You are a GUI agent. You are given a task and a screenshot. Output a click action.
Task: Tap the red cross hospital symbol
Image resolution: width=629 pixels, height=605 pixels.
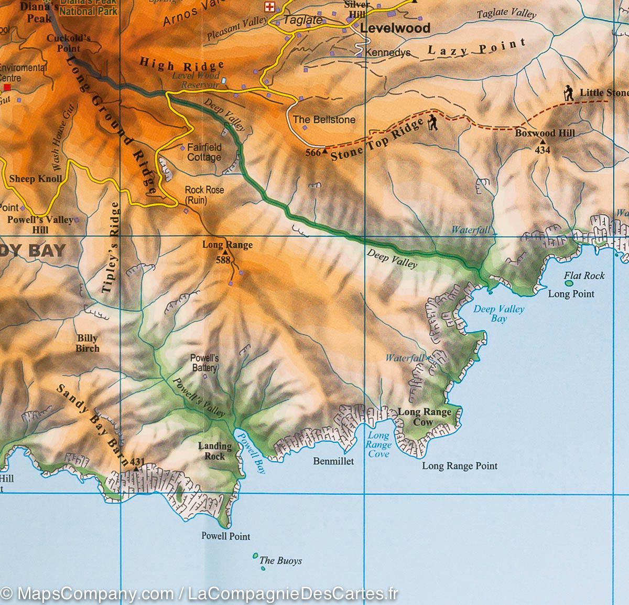pos(270,7)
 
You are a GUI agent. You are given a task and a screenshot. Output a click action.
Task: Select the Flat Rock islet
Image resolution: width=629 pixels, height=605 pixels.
pos(569,283)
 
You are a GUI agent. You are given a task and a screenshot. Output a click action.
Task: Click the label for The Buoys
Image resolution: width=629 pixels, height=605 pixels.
pos(280,560)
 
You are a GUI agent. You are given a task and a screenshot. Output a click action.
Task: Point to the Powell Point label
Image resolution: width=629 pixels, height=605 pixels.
pos(225,536)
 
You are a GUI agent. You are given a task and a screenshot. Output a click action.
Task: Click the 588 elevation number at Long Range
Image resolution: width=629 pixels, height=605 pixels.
pos(223,259)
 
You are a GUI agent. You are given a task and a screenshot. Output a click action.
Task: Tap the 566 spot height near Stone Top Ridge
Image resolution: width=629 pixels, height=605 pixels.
pos(312,153)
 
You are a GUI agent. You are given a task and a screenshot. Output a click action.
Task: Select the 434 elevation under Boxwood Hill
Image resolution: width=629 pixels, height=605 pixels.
pos(542,150)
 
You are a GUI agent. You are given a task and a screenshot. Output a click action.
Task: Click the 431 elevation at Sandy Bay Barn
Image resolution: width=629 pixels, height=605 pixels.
pos(137,462)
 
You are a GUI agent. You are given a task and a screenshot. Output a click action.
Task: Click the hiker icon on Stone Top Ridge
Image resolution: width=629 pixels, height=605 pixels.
pos(432,122)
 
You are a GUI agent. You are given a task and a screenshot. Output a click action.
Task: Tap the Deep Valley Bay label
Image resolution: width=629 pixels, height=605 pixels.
pos(498,313)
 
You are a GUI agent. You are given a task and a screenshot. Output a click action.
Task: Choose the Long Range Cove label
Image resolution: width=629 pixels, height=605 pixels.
pos(378,444)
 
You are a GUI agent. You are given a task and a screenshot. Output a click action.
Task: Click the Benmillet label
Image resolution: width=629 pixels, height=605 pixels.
pos(333,461)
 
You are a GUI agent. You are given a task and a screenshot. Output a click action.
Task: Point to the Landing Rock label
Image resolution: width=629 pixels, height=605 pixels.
pos(214,451)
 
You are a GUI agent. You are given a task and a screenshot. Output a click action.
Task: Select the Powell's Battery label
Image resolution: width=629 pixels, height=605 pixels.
pos(204,363)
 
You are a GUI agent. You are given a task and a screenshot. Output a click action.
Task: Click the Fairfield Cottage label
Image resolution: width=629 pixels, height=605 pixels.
pos(204,152)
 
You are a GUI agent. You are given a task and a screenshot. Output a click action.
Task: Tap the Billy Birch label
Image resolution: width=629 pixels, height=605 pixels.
pos(88,343)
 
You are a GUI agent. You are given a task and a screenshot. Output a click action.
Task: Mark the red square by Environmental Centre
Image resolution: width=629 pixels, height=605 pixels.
pos(7,87)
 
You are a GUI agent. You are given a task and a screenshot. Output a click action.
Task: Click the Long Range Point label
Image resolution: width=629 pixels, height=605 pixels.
pos(460,465)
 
